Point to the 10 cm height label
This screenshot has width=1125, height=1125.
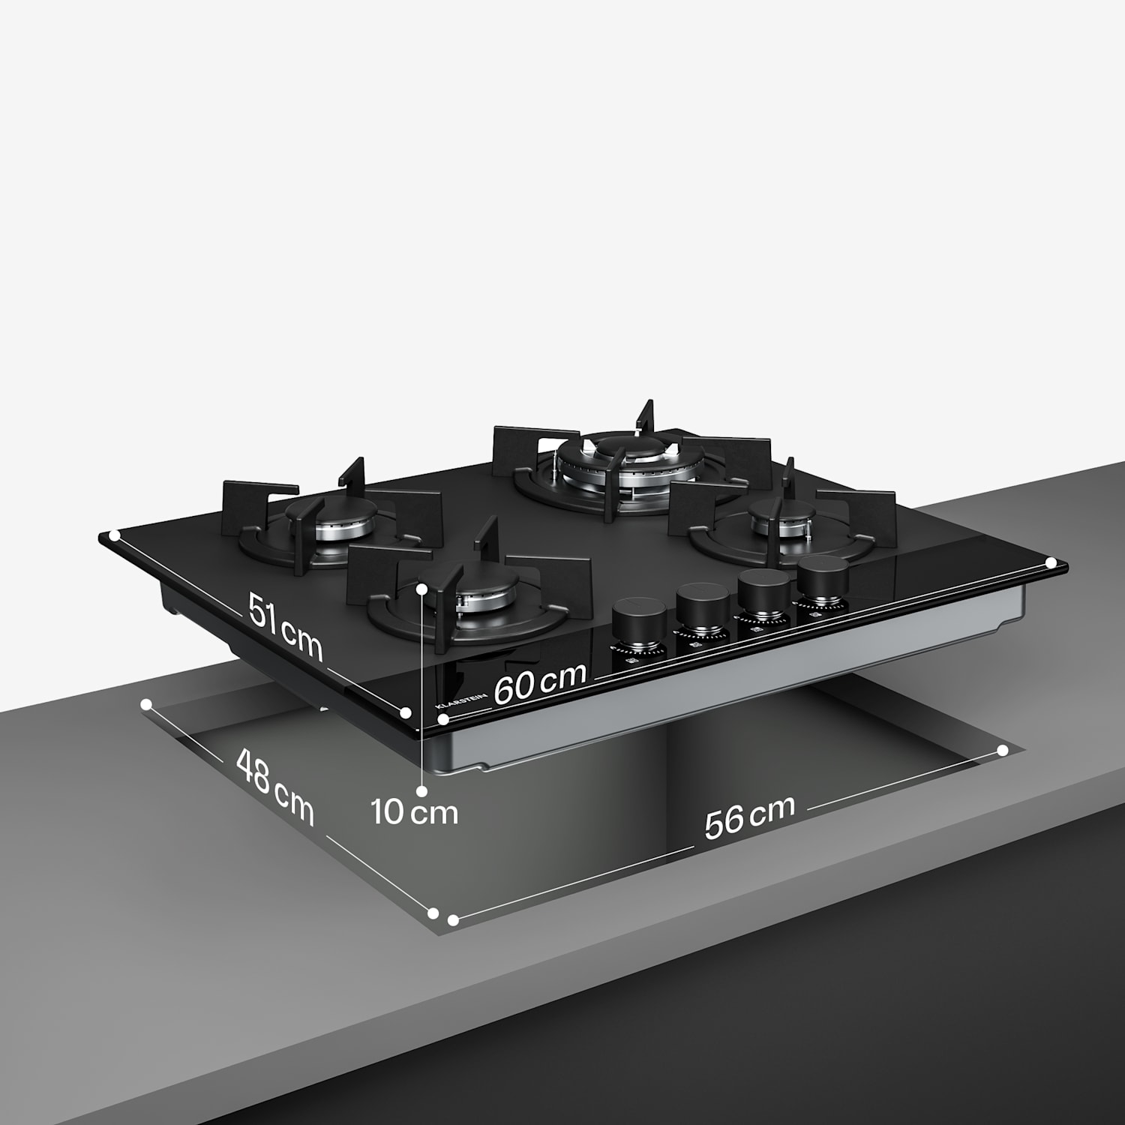[x=415, y=812]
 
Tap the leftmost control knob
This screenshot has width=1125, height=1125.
[x=639, y=621]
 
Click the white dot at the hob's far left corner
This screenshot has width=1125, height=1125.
[x=114, y=535]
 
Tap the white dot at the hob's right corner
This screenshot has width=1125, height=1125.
[x=1051, y=562]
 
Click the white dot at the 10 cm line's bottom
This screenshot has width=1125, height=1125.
[x=422, y=790]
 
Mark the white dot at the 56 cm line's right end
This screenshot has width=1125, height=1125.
[x=1003, y=750]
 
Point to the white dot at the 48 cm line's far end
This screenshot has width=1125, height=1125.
[x=146, y=704]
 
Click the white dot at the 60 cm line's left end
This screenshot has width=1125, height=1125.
[x=444, y=719]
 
